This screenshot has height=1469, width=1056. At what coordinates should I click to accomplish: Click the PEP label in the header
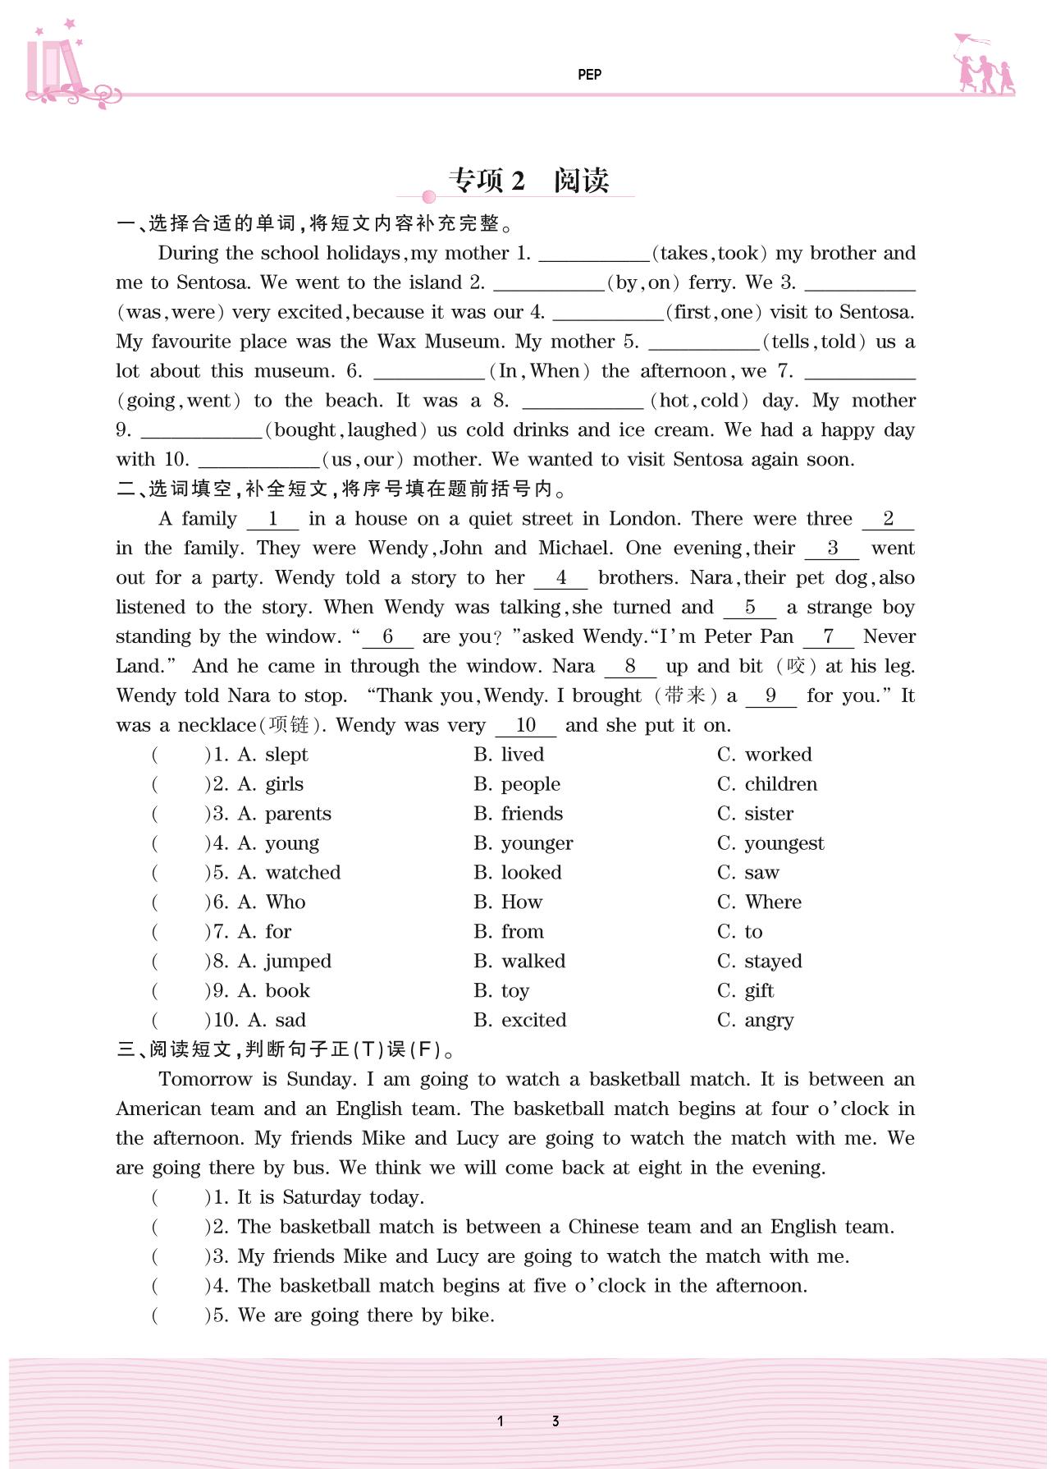point(589,75)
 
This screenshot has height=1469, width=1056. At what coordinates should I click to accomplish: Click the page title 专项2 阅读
point(528,181)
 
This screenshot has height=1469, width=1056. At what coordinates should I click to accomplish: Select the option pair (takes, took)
point(710,253)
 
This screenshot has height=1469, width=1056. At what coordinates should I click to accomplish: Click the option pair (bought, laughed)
point(346,430)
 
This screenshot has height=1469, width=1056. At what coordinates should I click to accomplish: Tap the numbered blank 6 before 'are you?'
point(388,637)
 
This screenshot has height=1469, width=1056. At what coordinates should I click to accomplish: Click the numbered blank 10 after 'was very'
point(526,726)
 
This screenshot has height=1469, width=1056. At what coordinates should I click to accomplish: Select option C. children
point(767,784)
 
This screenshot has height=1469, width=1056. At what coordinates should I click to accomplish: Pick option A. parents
point(285,814)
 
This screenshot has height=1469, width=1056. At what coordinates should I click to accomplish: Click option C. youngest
point(770,843)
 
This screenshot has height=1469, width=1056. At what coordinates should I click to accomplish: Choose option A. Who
point(272,902)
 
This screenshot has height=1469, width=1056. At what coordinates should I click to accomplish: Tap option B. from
point(509,932)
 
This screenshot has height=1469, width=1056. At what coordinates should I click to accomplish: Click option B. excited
point(520,1021)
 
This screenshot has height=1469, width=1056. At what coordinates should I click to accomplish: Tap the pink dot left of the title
point(428,197)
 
